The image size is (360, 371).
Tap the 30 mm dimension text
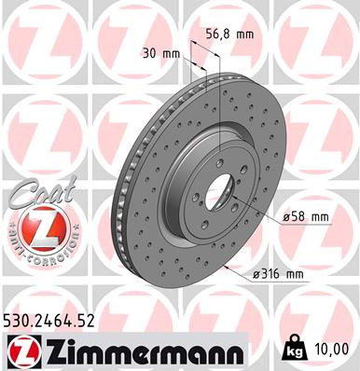(160, 53)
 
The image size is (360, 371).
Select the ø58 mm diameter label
(306, 217)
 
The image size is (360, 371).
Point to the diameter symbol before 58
(285, 217)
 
